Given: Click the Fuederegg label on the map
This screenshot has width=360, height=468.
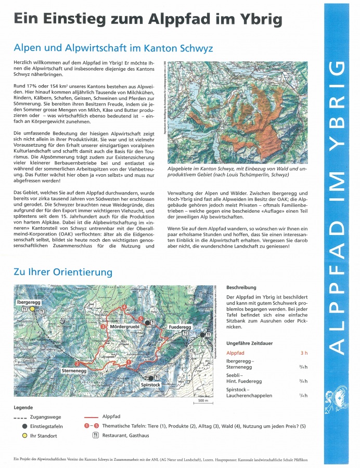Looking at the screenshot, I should tap(179, 327).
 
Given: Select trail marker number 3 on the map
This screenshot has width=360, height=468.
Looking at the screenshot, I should tap(104, 327).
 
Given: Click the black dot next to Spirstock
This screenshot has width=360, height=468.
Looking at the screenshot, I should tap(151, 378).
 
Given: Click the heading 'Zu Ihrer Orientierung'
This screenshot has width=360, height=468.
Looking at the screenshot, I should tap(63, 272).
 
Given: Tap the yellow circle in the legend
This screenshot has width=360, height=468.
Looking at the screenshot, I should tap(24, 435).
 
